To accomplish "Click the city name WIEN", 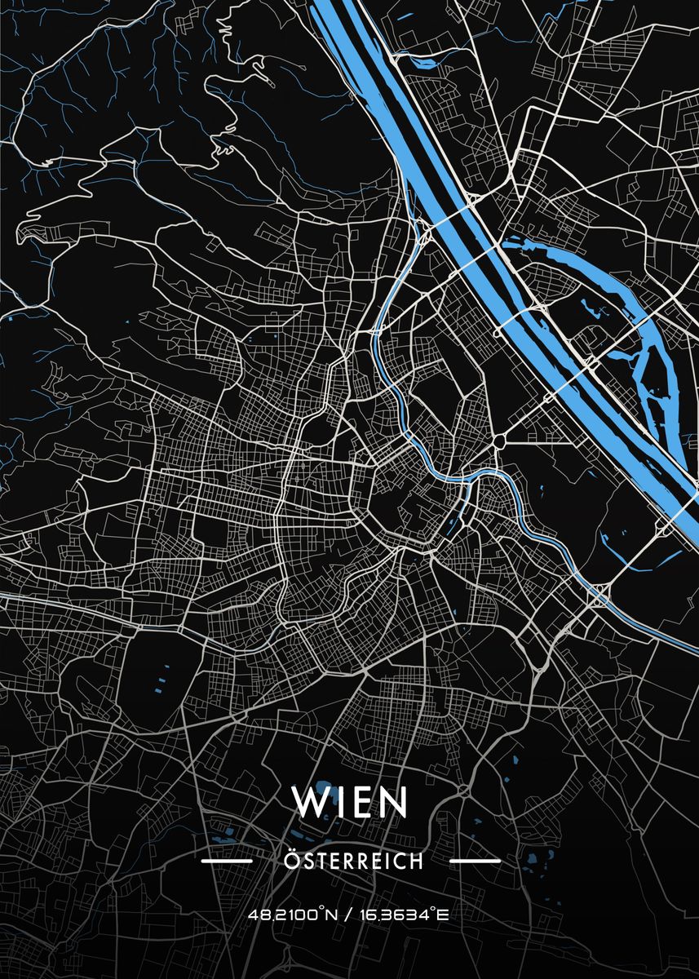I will coord(349,802).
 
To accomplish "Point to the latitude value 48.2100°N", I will coord(295,915).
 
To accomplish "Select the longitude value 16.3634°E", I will coord(405,915).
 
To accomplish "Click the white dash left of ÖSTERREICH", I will coord(226,861).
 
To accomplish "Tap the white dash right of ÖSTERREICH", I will coord(476,861).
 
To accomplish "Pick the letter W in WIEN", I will coord(309,802).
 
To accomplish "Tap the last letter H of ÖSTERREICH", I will coord(417,862).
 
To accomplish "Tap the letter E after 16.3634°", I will coord(444,915).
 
